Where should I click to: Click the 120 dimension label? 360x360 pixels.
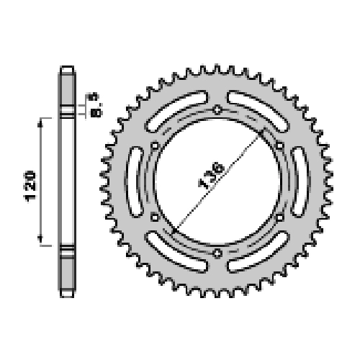[x=30, y=186]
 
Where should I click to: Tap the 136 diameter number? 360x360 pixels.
[x=211, y=176]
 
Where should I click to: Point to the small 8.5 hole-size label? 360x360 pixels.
[x=95, y=104]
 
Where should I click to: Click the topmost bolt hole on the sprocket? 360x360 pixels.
[x=217, y=110]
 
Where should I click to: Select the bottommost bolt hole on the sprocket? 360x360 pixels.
[x=217, y=253]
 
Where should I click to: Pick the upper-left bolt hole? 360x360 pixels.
[x=155, y=145]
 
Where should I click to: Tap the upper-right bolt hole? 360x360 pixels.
[x=279, y=145]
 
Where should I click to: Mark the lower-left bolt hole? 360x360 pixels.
[x=155, y=217]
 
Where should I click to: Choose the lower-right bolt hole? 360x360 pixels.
[x=279, y=217]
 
